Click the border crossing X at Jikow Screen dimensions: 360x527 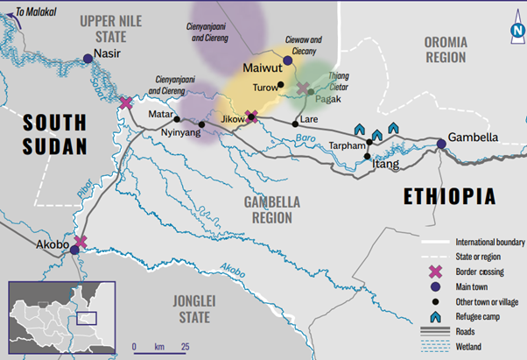(251, 116)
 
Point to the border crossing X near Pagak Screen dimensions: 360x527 (303, 89)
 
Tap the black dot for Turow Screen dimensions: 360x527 (280, 85)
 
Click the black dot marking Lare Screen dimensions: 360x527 (295, 123)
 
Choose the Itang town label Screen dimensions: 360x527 (385, 164)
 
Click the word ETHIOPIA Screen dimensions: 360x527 (449, 195)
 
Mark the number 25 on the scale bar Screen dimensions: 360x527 (186, 347)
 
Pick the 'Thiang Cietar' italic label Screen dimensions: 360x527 (338, 81)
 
